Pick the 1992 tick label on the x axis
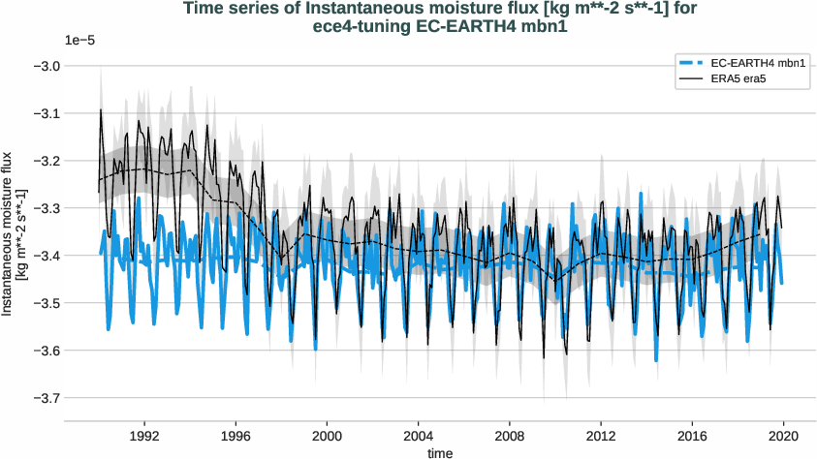coord(144,436)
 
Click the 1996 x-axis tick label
coord(236,436)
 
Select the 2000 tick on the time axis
coord(328,436)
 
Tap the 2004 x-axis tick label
coord(419,436)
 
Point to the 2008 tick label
coord(510,436)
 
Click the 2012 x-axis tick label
coord(601,436)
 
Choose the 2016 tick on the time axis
coord(692,436)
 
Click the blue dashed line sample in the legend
coord(696,63)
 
